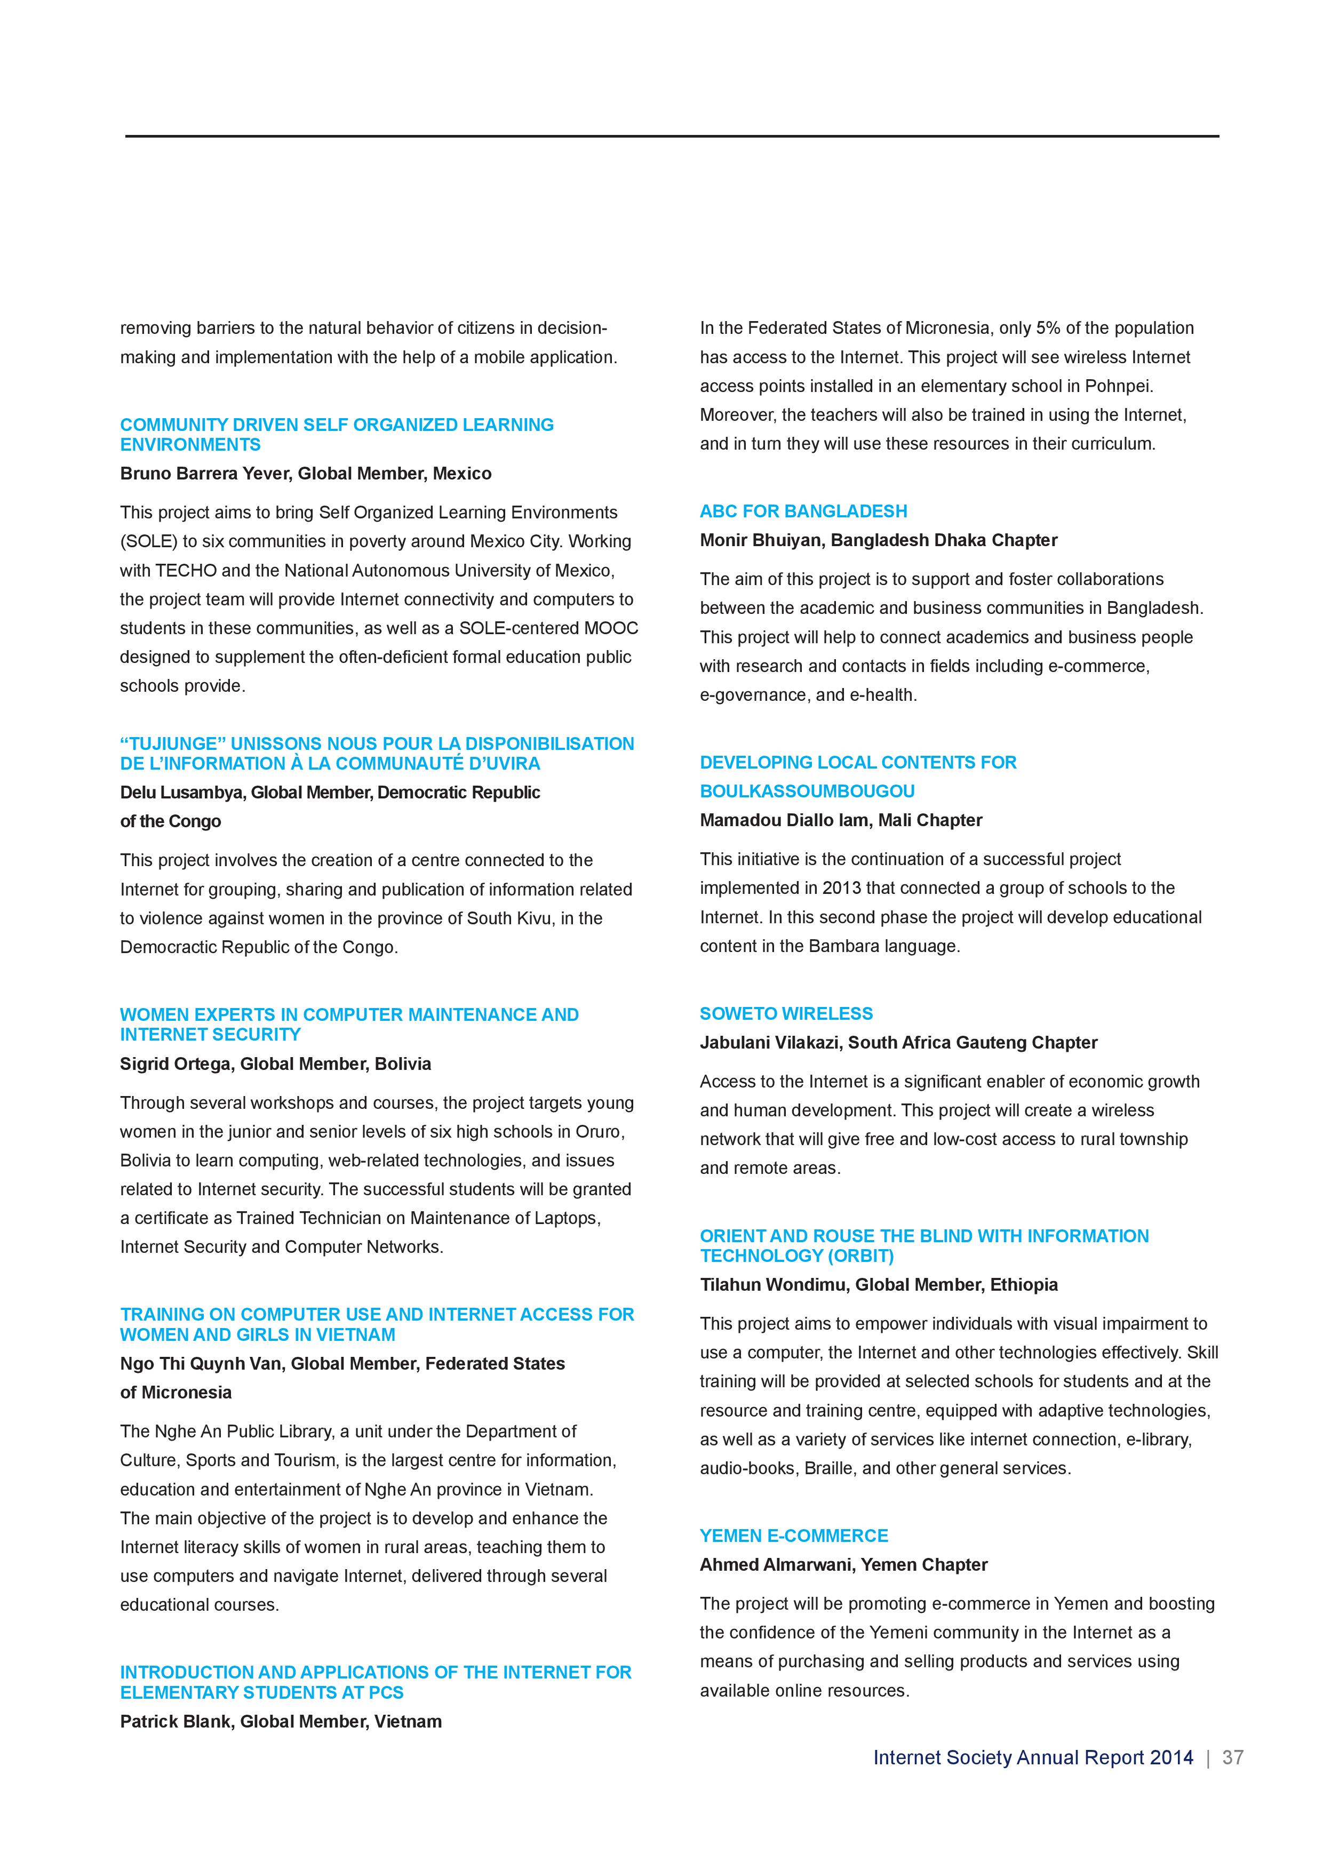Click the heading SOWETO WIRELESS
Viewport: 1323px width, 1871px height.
[x=786, y=1014]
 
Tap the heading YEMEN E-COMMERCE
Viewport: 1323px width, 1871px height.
[x=793, y=1536]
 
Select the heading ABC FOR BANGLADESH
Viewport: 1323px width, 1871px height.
[x=803, y=511]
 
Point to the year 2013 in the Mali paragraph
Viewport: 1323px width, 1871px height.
[x=842, y=888]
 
